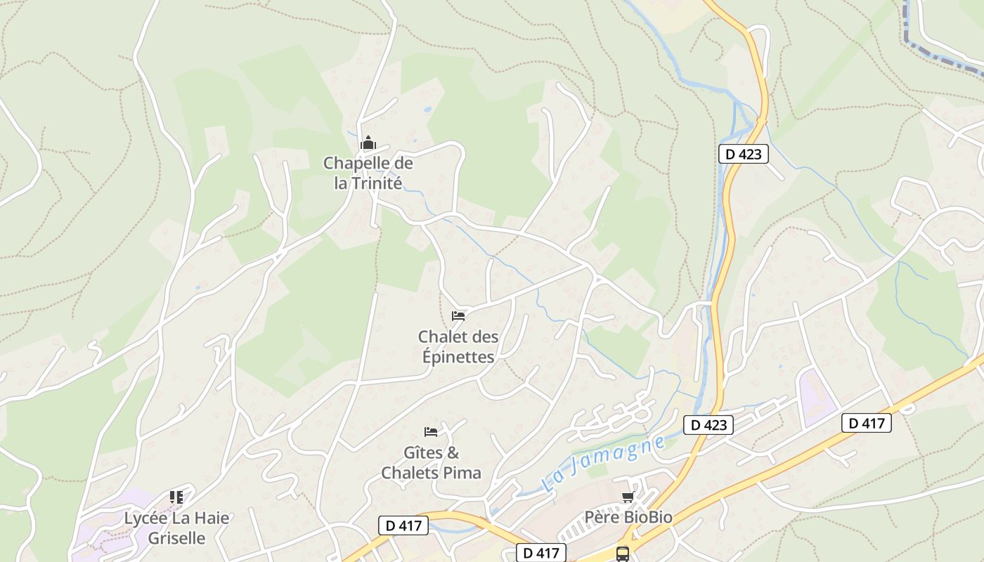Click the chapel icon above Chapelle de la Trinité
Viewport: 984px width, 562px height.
368,143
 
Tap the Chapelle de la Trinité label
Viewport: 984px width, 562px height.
368,173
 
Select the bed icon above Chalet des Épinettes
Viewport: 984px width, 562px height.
458,316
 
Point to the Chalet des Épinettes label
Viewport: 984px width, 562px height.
458,346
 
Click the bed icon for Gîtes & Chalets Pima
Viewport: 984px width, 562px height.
431,431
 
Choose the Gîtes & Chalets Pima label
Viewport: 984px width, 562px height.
431,462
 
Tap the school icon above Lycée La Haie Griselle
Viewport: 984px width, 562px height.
176,497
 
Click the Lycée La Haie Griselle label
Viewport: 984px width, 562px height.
176,528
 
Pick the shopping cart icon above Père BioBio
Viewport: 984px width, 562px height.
628,497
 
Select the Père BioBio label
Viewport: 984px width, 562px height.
628,518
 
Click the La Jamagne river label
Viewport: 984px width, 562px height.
604,463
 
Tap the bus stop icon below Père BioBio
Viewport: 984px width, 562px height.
623,554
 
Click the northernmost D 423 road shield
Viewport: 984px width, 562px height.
743,154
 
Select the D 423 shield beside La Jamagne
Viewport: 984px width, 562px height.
708,424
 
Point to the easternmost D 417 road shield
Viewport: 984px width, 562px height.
866,423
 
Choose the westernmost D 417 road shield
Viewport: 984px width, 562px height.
403,525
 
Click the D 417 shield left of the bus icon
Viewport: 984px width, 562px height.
541,553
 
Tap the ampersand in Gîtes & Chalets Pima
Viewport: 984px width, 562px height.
452,452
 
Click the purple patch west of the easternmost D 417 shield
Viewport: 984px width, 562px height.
817,397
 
